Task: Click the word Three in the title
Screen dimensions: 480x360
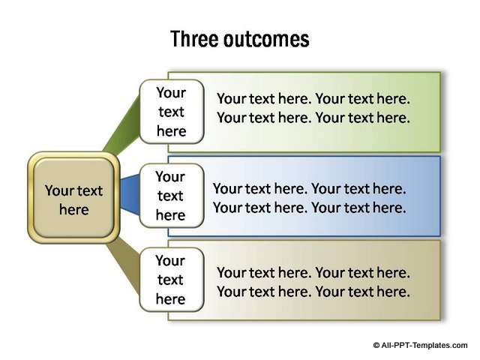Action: pos(194,39)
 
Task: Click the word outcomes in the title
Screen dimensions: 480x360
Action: pos(266,40)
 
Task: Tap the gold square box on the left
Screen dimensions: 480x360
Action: pos(73,198)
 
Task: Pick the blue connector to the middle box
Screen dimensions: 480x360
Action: pos(130,195)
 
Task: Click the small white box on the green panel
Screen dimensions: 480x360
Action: pos(172,112)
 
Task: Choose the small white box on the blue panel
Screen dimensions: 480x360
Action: pos(172,196)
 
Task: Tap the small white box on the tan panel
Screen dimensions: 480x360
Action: pos(172,280)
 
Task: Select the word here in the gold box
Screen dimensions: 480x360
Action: pos(74,210)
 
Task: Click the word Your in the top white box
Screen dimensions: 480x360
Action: pos(171,93)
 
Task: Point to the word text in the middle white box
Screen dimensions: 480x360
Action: pos(170,196)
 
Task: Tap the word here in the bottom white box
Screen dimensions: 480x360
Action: pos(170,298)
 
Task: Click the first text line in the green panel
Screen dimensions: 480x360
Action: pos(313,99)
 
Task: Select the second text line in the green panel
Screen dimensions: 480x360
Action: pos(313,118)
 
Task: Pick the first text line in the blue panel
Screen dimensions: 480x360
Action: pos(310,189)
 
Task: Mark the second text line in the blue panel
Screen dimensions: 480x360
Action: pos(310,208)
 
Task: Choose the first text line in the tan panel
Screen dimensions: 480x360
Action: pos(313,273)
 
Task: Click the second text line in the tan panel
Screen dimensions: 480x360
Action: pos(313,292)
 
